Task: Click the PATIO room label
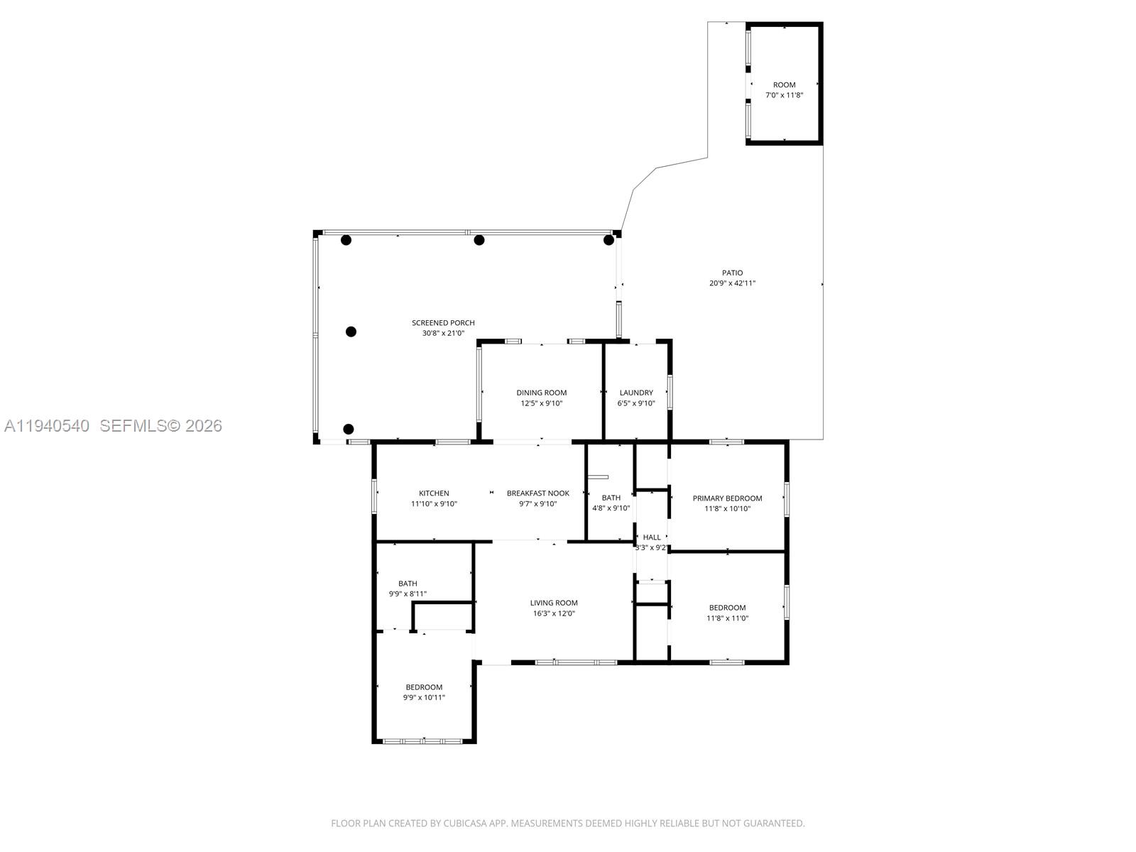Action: tap(732, 273)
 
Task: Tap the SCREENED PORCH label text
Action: tap(443, 322)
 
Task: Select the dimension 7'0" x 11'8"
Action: tap(784, 95)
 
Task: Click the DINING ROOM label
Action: tap(541, 393)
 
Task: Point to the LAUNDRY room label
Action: tap(635, 393)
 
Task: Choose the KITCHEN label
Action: tap(433, 493)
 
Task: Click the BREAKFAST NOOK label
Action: tap(537, 493)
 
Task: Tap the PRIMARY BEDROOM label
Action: tap(727, 498)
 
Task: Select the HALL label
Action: tap(651, 537)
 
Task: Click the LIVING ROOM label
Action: tap(554, 603)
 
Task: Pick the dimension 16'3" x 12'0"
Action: tap(554, 613)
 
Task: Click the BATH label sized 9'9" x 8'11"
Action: tap(408, 584)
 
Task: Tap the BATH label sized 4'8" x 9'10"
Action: tap(611, 498)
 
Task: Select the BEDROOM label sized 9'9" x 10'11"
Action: tap(424, 687)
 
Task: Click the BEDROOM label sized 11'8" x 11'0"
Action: tap(727, 608)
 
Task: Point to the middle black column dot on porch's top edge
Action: tap(479, 240)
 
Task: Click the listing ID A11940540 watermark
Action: tap(47, 425)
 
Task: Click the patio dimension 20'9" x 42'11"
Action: tap(732, 283)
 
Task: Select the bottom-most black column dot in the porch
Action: tap(348, 429)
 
